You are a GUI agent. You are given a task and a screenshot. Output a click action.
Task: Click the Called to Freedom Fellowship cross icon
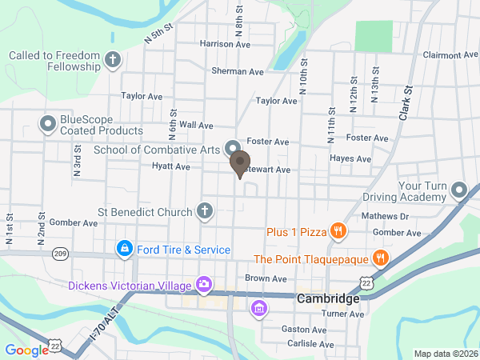pos(114,58)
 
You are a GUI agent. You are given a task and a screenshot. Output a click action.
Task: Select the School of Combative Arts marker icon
pos(233,147)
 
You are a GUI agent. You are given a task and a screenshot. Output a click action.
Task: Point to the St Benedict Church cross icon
pos(205,212)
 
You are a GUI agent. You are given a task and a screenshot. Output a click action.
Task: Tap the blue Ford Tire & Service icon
pos(124,250)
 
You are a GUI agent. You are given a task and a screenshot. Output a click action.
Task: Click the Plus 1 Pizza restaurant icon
pos(338,232)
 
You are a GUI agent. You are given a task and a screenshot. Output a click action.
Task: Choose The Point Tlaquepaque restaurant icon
pos(380,258)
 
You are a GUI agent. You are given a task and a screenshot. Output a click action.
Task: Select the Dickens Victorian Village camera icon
pos(204,285)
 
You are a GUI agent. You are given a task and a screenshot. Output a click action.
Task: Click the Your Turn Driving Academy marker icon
pos(459,190)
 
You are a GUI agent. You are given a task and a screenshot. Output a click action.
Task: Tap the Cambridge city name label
pos(327,298)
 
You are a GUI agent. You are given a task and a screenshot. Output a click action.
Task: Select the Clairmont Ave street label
pos(450,55)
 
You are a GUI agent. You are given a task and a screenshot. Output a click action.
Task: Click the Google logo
pos(26,349)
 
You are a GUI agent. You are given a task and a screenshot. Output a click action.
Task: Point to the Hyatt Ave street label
pos(170,167)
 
